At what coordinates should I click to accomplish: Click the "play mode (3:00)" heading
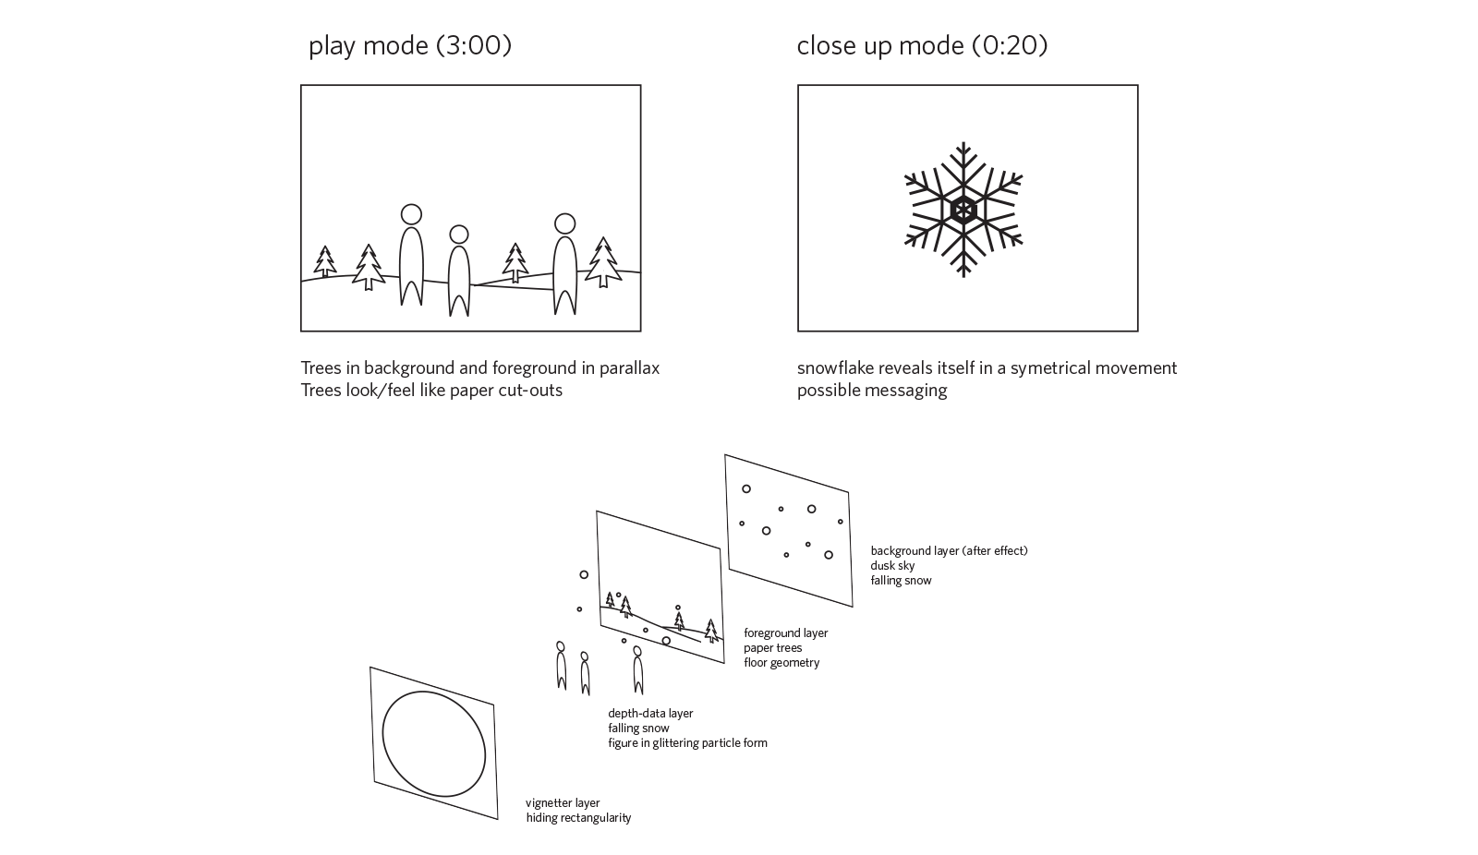(410, 45)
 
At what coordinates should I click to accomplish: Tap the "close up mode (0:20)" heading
(922, 45)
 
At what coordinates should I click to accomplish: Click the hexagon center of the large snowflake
(963, 211)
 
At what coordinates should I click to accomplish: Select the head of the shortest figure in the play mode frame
(458, 235)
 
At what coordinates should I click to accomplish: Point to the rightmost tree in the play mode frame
(602, 262)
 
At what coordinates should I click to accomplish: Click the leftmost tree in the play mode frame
(324, 261)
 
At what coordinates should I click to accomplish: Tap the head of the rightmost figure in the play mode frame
(564, 223)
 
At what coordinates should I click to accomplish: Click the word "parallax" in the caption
(629, 368)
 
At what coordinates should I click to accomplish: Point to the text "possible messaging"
(872, 391)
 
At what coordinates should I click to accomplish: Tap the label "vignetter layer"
(563, 803)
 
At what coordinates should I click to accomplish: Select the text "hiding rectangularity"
(578, 818)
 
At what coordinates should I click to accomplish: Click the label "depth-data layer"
(650, 713)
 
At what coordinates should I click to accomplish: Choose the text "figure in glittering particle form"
(687, 743)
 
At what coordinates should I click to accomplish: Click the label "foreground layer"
(786, 633)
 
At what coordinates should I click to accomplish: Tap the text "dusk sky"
(892, 565)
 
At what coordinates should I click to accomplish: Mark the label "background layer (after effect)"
(949, 551)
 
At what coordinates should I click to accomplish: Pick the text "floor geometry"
(781, 662)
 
